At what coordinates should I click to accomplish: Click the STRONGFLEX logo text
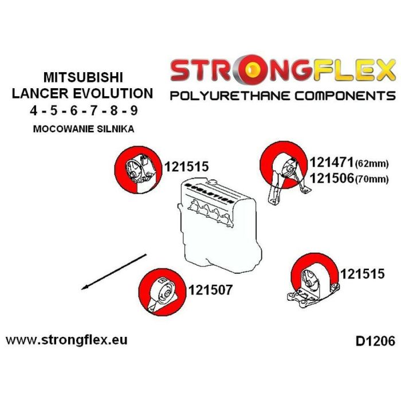pyautogui.click(x=283, y=72)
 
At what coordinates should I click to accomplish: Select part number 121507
pyautogui.click(x=210, y=290)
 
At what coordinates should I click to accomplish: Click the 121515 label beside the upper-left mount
pyautogui.click(x=186, y=167)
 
